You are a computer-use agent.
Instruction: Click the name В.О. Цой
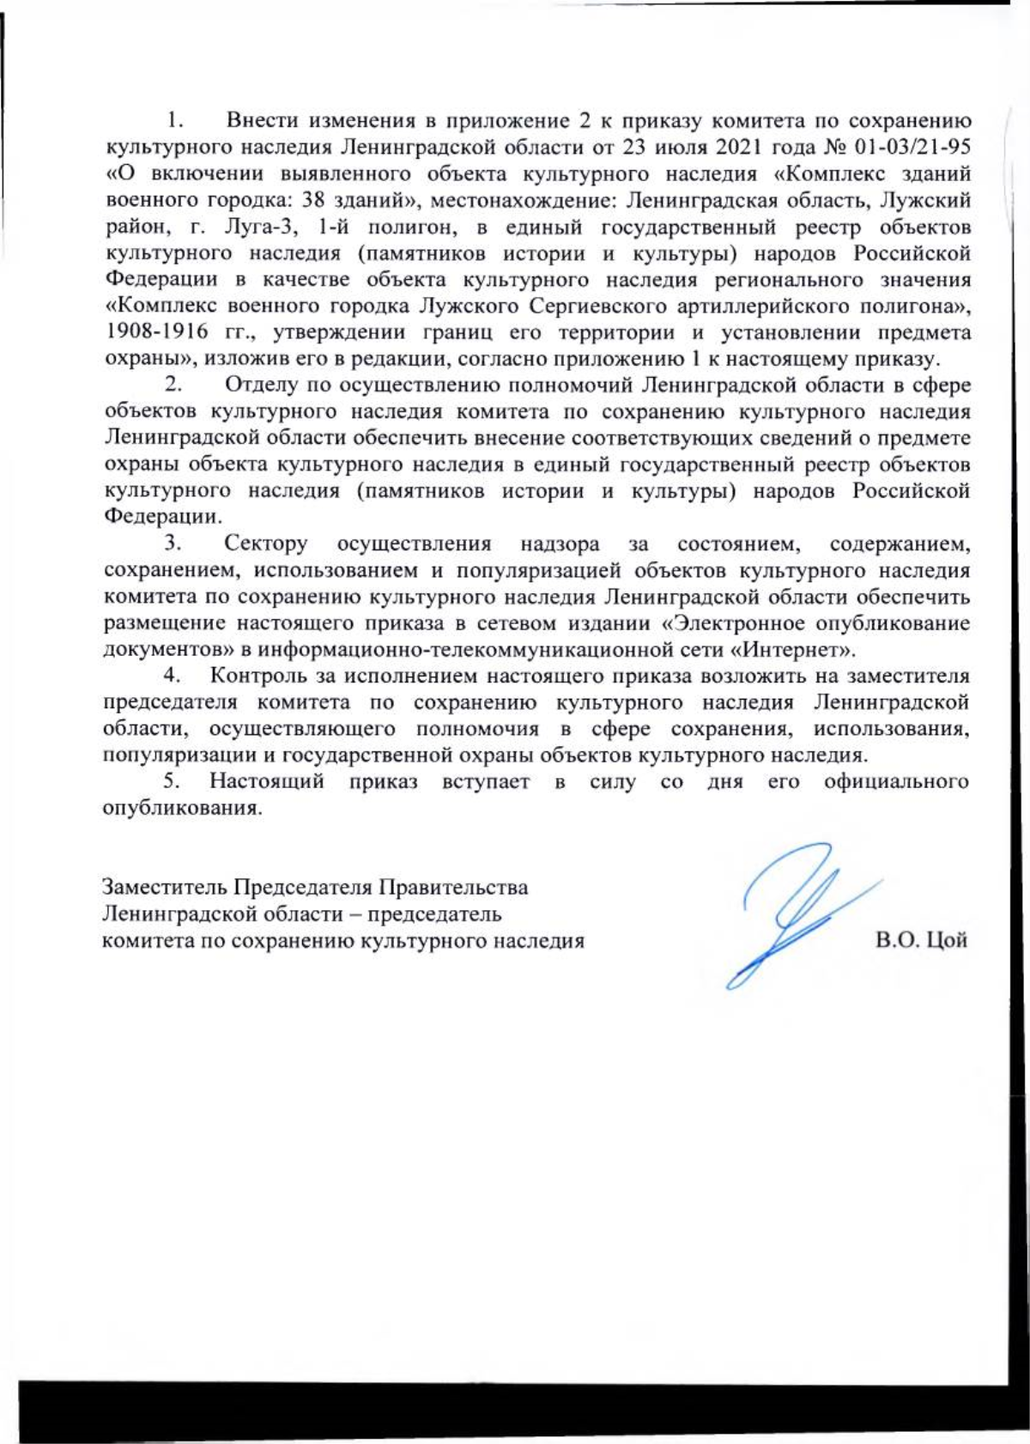[921, 939]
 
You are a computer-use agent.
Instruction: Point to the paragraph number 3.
[173, 543]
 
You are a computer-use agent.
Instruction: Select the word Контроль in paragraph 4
[256, 676]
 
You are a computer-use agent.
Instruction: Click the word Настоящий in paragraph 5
[266, 782]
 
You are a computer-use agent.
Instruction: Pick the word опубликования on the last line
[180, 809]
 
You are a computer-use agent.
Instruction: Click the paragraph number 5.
[172, 782]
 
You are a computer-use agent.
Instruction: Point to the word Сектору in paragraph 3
[265, 543]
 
